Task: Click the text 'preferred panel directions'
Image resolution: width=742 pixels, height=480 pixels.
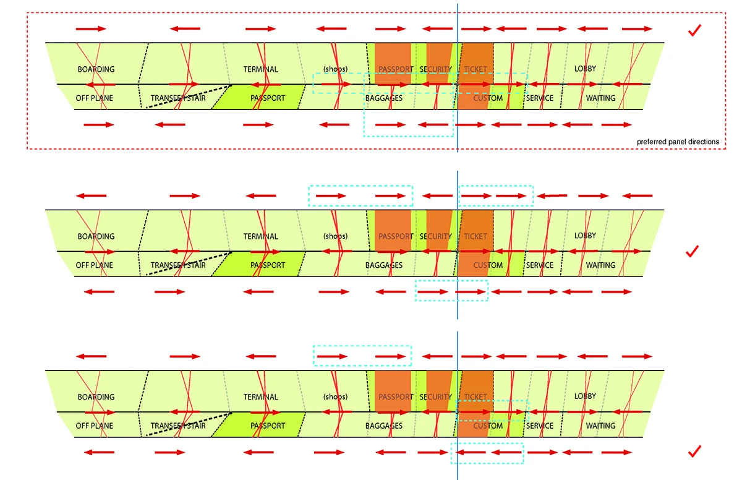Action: coord(678,142)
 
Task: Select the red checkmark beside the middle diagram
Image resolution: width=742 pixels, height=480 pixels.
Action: coord(693,251)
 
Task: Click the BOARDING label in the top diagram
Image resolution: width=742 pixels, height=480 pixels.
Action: coord(96,69)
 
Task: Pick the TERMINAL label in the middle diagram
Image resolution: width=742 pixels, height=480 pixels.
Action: coord(260,236)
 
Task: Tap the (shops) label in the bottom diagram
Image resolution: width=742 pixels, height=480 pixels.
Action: coord(335,397)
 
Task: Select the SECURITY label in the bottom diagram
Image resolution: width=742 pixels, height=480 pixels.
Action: coord(435,397)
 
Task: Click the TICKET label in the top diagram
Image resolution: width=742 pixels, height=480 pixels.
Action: coord(475,69)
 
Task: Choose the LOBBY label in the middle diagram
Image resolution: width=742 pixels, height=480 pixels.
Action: coord(585,236)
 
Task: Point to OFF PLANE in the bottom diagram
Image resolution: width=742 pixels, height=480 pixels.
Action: coord(94,426)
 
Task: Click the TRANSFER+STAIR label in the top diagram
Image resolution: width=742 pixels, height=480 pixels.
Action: coord(177,98)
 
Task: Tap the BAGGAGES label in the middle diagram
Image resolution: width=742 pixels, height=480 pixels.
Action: coord(383,265)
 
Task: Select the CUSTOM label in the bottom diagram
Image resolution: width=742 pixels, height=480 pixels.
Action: coord(488,426)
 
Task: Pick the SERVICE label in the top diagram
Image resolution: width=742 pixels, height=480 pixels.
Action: coord(539,98)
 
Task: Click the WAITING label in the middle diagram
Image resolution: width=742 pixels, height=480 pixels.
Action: coord(600,265)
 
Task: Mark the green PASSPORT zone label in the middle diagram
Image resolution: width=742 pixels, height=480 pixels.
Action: coord(267,265)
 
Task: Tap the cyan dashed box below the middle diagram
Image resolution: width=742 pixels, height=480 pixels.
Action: coord(451,291)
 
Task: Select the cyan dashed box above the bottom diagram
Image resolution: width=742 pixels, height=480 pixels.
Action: coord(362,356)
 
